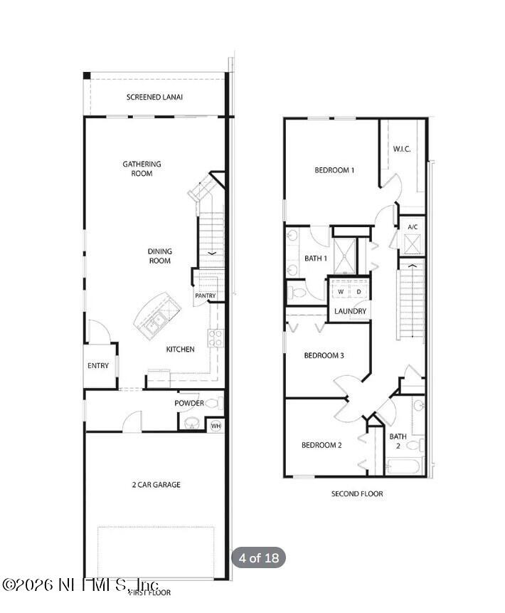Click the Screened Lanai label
154,97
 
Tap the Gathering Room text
142,169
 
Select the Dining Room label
160,256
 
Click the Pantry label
205,295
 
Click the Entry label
98,366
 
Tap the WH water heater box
216,426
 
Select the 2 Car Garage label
156,485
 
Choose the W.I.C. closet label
402,149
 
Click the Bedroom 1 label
334,170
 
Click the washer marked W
341,292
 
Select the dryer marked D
358,292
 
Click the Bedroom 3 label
324,355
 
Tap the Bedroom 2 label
321,445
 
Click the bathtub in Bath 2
404,467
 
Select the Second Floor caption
357,493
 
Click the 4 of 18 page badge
258,557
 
